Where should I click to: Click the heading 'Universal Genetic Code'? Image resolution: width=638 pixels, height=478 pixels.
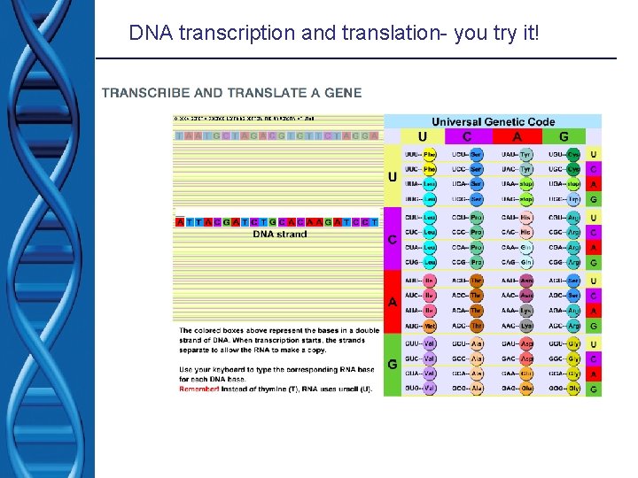[493, 121]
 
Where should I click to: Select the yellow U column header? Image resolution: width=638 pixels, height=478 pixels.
[422, 136]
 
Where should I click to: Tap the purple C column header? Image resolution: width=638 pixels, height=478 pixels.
[467, 136]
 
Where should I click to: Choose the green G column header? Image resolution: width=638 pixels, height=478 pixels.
[564, 136]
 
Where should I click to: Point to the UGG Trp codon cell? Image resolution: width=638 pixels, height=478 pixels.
[565, 199]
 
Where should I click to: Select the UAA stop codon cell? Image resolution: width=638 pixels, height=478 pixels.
[517, 184]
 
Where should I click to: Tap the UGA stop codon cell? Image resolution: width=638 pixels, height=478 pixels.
[565, 184]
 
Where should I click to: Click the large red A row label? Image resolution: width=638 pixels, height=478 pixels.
[393, 303]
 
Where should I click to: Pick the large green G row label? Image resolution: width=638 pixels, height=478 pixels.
[393, 365]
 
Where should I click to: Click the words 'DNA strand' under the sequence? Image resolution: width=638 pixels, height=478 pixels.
[279, 235]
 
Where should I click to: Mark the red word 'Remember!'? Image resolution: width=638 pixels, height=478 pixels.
[200, 389]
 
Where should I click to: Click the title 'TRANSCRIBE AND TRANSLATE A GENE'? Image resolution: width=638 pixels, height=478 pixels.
[231, 93]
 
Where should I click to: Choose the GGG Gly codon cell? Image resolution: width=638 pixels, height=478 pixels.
[565, 388]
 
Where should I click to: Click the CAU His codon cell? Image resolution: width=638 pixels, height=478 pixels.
[517, 218]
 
